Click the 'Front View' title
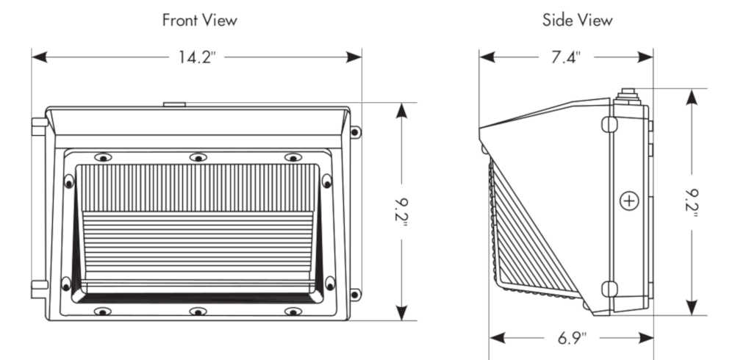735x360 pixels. [x=199, y=21]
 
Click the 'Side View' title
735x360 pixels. [x=577, y=21]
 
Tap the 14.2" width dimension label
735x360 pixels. [x=196, y=57]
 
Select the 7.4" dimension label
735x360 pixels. [x=566, y=57]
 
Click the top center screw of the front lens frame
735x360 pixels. [x=197, y=157]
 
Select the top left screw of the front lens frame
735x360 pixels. [x=103, y=157]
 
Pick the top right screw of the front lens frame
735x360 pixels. [x=293, y=157]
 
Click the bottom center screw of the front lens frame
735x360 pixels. [x=197, y=312]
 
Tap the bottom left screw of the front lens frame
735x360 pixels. [x=103, y=312]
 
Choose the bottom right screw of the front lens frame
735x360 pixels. [x=293, y=312]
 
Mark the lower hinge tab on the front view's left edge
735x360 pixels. [x=38, y=288]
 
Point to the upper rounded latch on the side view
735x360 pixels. [x=609, y=125]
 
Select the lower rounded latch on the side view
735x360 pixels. [x=609, y=289]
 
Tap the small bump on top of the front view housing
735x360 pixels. [x=174, y=104]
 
